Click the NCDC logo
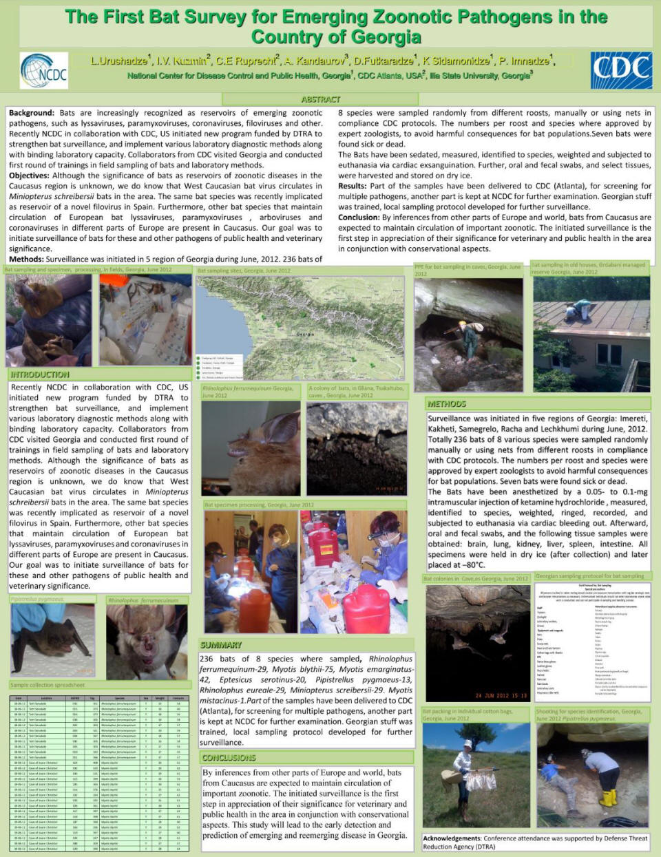point(44,71)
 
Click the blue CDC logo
point(621,70)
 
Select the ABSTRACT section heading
point(321,100)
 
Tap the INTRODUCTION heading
point(40,374)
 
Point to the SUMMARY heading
point(221,645)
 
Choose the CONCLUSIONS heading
point(229,758)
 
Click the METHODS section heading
point(447,404)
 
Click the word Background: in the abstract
point(32,113)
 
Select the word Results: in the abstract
point(353,186)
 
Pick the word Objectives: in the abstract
point(29,176)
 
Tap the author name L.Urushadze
point(119,61)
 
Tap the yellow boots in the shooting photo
point(607,798)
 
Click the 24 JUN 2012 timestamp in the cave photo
point(500,695)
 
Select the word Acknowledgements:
point(452,838)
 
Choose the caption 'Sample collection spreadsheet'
point(48,685)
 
